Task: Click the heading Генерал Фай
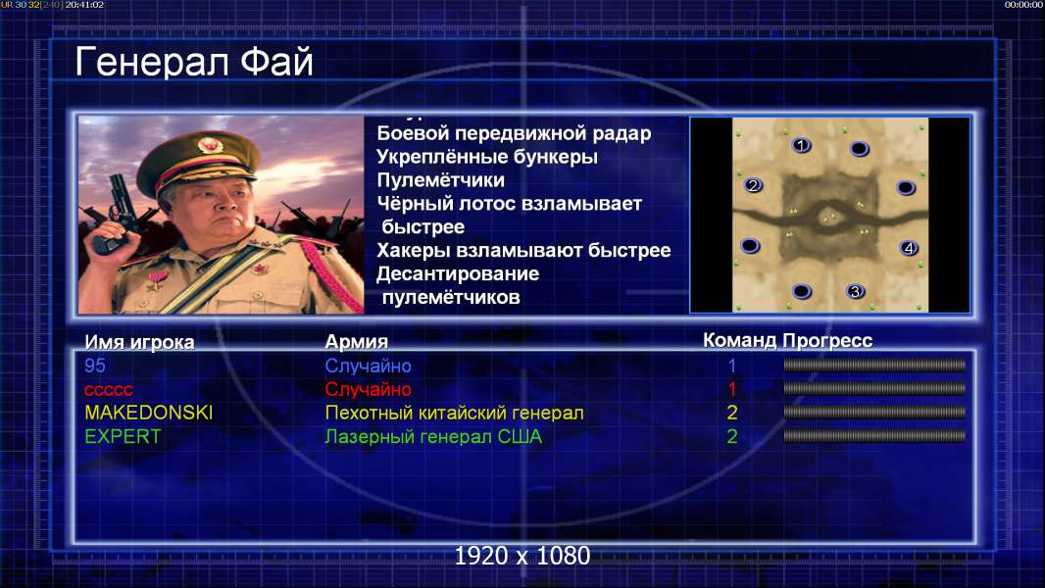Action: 194,62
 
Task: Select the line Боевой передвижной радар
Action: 514,134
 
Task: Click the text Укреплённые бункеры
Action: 487,157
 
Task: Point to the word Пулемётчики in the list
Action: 440,180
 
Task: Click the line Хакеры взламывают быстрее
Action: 523,250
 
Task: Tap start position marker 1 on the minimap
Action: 801,145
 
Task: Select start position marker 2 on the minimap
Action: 753,185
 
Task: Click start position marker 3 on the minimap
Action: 855,291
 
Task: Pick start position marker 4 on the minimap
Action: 909,248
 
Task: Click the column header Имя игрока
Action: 139,342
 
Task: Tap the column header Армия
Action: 357,342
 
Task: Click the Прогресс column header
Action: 827,341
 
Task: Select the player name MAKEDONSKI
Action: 149,413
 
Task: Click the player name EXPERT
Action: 123,437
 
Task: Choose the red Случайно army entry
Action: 368,390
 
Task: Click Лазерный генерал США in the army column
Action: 433,437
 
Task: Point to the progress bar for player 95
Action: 874,365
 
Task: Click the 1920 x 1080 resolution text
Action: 522,556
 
